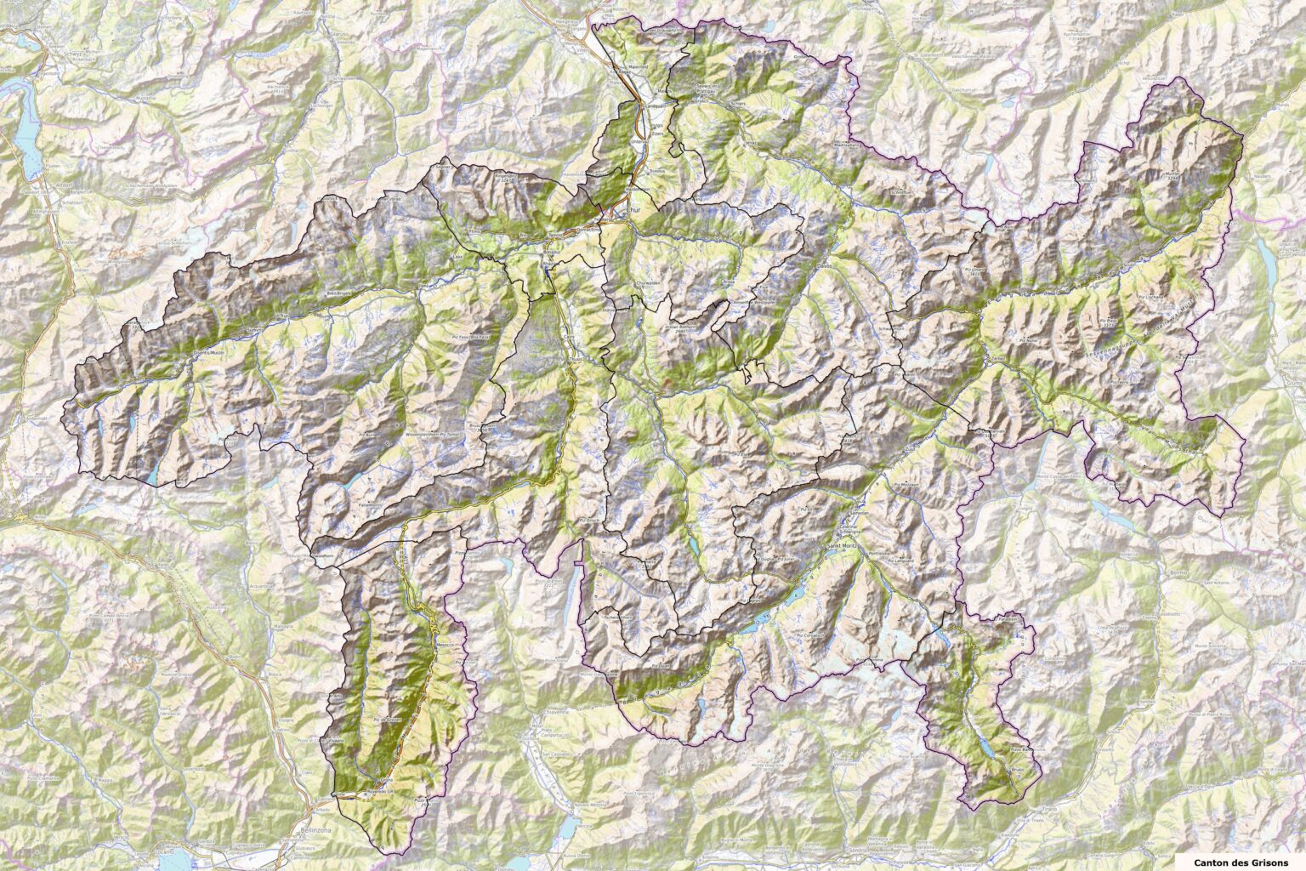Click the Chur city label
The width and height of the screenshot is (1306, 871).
tap(631, 208)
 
